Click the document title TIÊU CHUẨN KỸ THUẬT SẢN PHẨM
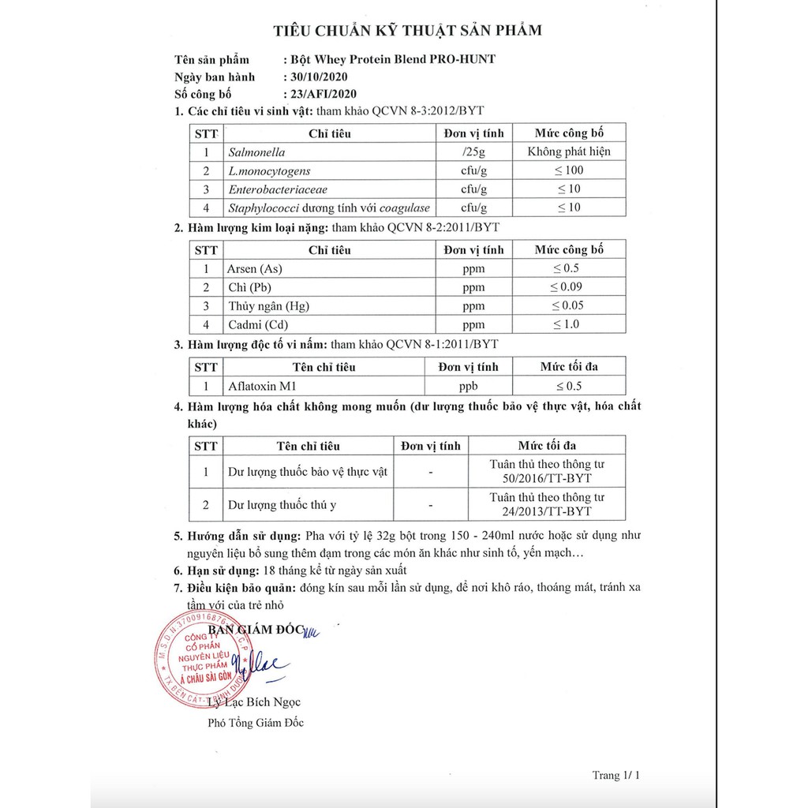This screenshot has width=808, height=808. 407,31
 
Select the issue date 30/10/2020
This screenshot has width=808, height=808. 315,77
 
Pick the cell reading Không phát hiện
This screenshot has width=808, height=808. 569,152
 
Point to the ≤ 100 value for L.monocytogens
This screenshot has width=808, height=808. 569,170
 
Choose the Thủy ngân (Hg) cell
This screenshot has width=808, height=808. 267,305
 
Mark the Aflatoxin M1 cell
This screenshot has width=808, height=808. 260,386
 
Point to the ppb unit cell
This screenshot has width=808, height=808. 469,386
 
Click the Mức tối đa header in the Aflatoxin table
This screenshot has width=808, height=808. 569,367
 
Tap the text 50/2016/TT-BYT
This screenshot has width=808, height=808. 547,478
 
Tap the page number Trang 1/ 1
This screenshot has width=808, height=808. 616,776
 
